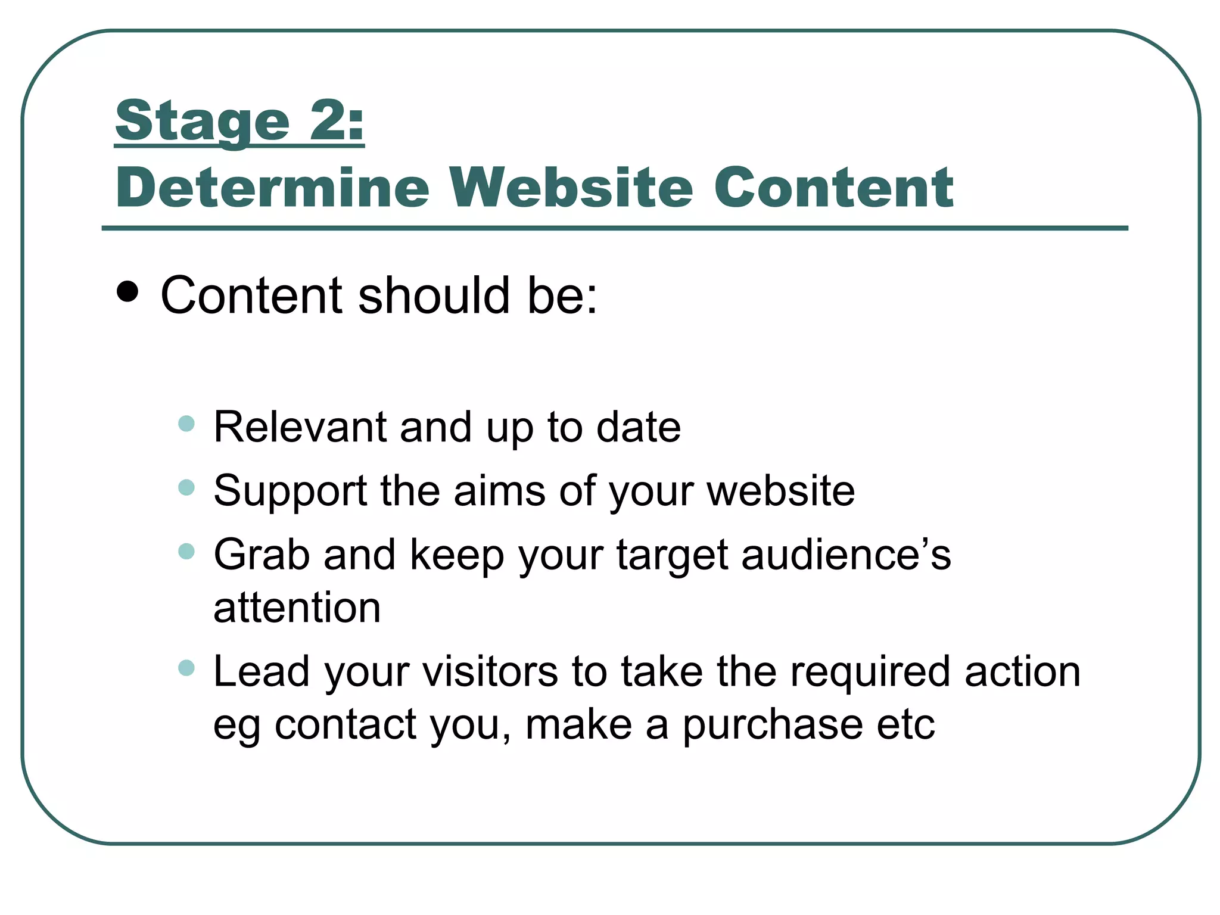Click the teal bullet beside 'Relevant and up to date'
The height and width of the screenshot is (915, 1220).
tap(186, 424)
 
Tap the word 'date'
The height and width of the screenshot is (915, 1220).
tap(638, 427)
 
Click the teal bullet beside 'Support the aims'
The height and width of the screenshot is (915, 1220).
tap(186, 488)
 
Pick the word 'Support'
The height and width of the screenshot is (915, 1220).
tap(290, 491)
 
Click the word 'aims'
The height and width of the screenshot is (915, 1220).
tap(499, 491)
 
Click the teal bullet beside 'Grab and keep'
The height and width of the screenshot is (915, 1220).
tap(186, 551)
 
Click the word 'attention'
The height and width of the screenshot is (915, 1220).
tap(297, 608)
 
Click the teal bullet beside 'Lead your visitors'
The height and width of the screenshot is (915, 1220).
tap(186, 668)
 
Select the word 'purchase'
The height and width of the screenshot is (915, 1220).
tap(773, 725)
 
